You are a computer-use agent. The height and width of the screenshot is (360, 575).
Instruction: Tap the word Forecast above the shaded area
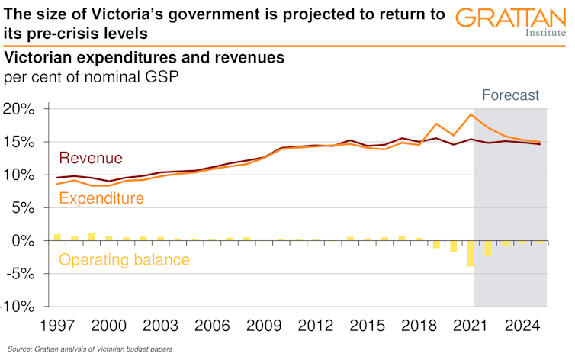click(x=511, y=95)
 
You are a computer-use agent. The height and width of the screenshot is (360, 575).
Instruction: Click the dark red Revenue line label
click(x=91, y=159)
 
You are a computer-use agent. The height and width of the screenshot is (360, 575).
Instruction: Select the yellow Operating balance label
click(x=124, y=260)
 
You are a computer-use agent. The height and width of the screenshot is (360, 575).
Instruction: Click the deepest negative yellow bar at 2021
click(x=471, y=254)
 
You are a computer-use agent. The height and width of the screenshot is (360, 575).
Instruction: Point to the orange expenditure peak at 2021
click(x=472, y=115)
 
